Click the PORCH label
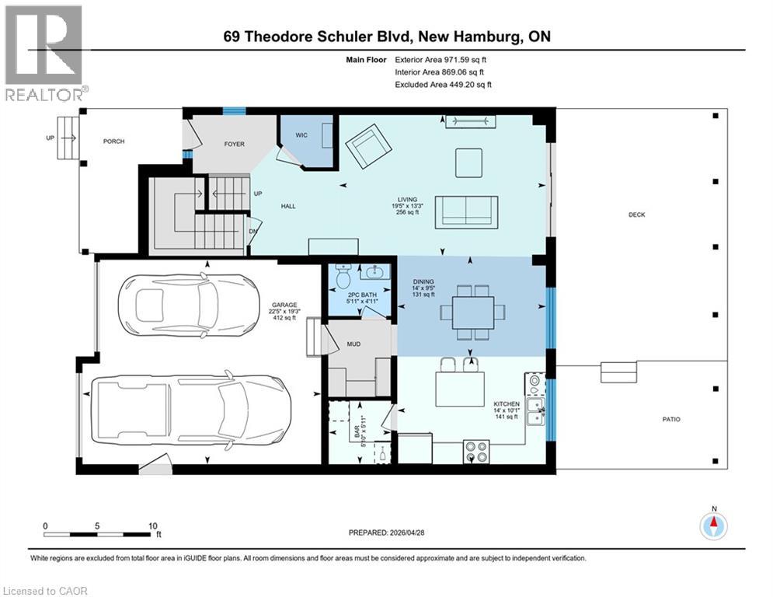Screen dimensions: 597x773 pyautogui.click(x=113, y=141)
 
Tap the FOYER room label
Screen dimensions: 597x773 pyautogui.click(x=235, y=145)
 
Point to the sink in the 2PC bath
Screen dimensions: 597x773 pyautogui.click(x=375, y=273)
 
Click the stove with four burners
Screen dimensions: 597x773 pyautogui.click(x=475, y=452)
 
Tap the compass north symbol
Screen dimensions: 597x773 pyautogui.click(x=712, y=525)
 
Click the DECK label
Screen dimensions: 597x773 pyautogui.click(x=637, y=215)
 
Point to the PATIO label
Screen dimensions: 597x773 pyautogui.click(x=671, y=420)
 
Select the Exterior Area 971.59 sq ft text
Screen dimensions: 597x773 pyautogui.click(x=441, y=59)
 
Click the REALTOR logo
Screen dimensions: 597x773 pyautogui.click(x=45, y=54)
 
